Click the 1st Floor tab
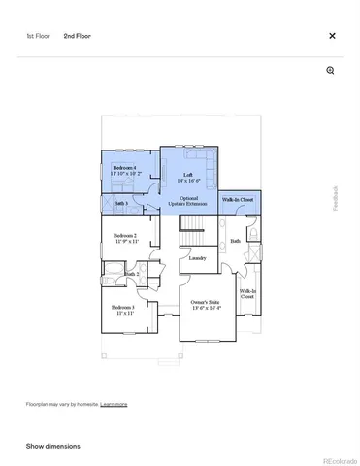[37, 36]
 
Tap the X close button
[332, 36]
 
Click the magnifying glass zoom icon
[330, 71]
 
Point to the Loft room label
[188, 177]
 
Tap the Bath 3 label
[120, 203]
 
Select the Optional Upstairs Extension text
[188, 201]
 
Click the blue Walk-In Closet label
[238, 199]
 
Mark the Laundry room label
[197, 259]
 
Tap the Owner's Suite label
[205, 306]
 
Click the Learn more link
[114, 404]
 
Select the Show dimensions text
[53, 446]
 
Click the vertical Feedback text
[336, 198]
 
